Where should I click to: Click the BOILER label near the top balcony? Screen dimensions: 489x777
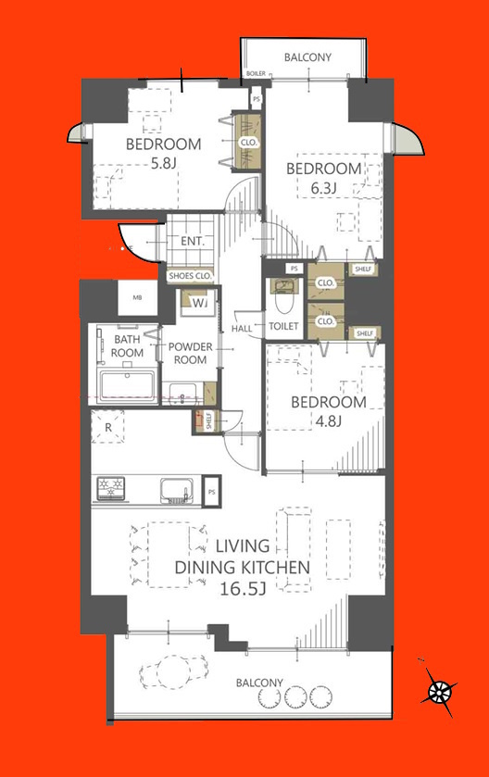pos(256,73)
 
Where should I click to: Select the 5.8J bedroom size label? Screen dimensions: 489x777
pos(164,163)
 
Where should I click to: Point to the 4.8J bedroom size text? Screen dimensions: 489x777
pos(329,421)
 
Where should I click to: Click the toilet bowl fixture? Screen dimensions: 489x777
pos(284,296)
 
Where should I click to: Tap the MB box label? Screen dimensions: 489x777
pos(138,298)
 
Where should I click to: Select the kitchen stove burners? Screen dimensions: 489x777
pos(110,488)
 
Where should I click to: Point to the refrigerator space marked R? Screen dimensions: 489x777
pos(107,427)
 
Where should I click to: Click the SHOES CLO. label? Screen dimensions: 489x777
pos(190,276)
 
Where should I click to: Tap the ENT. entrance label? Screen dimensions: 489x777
pos(193,242)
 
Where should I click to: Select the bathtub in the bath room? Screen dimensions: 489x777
pos(127,386)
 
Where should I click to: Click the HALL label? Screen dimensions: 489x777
pos(242,328)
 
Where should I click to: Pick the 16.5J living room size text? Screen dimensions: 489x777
pos(243,589)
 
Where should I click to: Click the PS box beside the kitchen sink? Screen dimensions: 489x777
pos(211,492)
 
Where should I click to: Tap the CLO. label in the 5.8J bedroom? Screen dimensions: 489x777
pos(248,143)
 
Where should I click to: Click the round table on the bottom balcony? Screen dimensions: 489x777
pos(172,671)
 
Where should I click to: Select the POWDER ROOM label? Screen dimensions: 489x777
pos(190,353)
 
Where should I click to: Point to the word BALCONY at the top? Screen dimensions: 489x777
pos(307,57)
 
